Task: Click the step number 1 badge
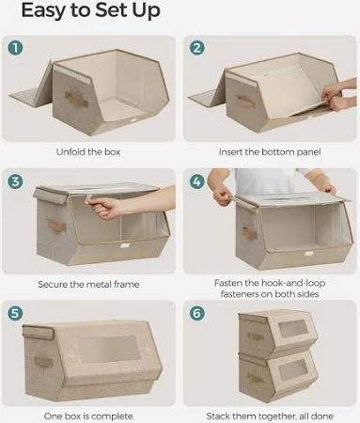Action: tap(15, 48)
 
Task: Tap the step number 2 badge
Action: tap(197, 48)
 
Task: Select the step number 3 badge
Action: tap(15, 181)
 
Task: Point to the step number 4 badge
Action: tap(196, 181)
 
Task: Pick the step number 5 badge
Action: tap(15, 313)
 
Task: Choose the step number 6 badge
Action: tap(197, 313)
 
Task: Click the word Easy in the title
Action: tap(43, 11)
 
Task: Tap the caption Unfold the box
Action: tap(88, 152)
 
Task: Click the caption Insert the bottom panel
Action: tap(270, 152)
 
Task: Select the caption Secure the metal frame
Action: tap(88, 284)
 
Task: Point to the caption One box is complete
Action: tap(88, 416)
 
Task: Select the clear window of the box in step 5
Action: tap(108, 350)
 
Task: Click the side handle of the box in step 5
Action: tap(43, 361)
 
